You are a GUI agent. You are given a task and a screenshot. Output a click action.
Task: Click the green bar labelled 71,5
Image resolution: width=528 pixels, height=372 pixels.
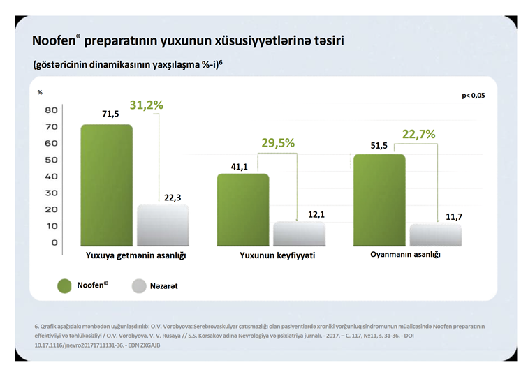tap(106, 185)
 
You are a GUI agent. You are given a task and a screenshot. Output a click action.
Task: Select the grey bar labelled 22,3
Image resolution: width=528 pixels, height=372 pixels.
tap(162, 225)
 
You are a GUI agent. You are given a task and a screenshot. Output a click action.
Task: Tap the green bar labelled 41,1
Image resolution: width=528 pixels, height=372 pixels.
tap(244, 209)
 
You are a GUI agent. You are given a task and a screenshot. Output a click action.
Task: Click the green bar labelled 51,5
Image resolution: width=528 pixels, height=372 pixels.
tap(380, 200)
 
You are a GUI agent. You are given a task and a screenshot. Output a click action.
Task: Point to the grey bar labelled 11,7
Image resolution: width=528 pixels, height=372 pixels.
tap(436, 235)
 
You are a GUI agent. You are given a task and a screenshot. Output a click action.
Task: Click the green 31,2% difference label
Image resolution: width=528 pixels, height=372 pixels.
tap(147, 105)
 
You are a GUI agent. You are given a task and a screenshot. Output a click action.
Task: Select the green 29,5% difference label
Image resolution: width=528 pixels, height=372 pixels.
tap(278, 142)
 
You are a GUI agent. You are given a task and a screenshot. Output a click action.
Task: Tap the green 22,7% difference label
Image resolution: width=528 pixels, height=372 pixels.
tap(419, 133)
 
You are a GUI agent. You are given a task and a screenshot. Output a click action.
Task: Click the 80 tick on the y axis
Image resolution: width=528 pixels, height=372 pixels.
tap(51, 110)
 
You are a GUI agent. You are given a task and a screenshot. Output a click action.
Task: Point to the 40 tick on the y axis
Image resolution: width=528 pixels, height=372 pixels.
tap(51, 177)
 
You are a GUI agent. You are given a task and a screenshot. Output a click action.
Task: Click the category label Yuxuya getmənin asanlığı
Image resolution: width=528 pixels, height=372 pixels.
tap(135, 255)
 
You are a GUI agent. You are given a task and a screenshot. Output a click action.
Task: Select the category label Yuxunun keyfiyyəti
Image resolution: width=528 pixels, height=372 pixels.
tap(277, 255)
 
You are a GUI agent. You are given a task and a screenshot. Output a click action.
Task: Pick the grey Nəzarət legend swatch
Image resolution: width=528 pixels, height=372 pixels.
tap(138, 285)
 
